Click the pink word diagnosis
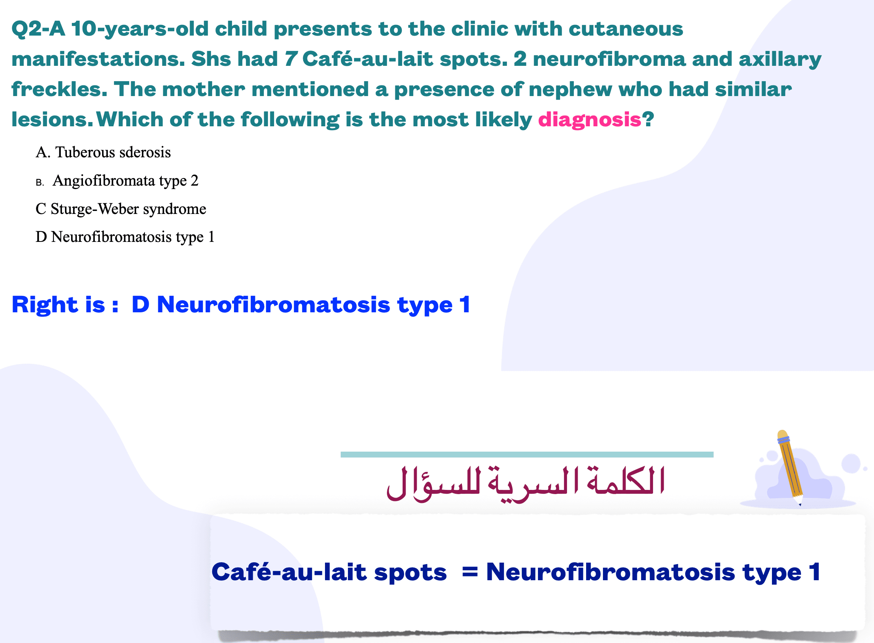[590, 120]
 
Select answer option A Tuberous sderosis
[103, 152]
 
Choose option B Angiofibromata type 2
[117, 181]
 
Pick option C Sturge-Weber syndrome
[121, 209]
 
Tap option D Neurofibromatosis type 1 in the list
[125, 237]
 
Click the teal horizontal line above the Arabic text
[527, 454]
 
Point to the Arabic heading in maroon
[526, 484]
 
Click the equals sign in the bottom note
[469, 572]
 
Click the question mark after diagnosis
[648, 119]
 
